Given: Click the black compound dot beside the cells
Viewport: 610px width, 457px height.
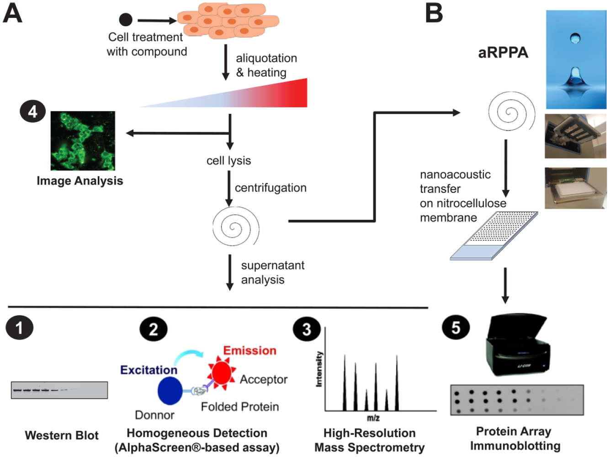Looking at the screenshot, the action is [x=126, y=20].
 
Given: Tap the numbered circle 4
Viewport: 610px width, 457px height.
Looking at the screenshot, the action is [x=33, y=112].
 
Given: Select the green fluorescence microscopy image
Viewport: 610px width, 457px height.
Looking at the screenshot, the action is [x=83, y=141].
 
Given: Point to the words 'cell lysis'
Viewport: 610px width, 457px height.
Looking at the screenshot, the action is [x=229, y=160].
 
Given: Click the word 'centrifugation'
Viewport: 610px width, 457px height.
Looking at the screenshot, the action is [x=271, y=188].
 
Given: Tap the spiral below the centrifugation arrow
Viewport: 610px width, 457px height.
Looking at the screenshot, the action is [x=236, y=226].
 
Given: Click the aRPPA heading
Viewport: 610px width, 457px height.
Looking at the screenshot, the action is [x=503, y=53].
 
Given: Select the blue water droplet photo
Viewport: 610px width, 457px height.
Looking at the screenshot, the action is [x=576, y=59].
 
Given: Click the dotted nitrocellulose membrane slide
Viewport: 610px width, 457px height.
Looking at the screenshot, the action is [x=494, y=236].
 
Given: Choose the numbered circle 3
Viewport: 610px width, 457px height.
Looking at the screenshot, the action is [x=307, y=329].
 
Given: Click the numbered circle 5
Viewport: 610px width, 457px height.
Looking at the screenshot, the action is [x=456, y=327].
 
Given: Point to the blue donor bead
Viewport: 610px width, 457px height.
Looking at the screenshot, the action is [x=170, y=391].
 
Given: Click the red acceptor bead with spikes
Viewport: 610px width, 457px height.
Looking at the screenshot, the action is [x=222, y=373].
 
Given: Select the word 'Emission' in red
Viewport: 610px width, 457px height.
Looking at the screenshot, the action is [x=250, y=351].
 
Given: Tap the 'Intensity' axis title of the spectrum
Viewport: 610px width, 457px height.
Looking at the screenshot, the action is [x=319, y=369].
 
